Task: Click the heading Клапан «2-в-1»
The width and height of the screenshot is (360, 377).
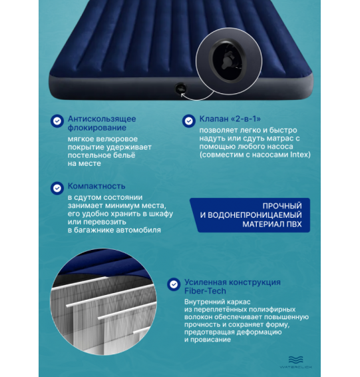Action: point(230,119)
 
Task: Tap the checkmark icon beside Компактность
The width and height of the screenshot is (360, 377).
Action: point(57,188)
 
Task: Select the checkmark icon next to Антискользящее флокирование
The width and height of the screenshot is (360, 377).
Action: point(57,121)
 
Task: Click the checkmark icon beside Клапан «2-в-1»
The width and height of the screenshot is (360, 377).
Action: point(188,121)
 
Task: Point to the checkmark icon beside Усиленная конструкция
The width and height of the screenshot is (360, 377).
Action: point(174,284)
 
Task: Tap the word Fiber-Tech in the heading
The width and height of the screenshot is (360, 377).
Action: point(205,291)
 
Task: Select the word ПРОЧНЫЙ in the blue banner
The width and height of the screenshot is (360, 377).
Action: point(282,206)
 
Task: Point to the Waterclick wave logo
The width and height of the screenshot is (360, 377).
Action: point(295,360)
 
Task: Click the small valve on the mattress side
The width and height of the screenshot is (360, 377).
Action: point(180,89)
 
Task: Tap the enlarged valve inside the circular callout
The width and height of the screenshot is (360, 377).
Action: point(230,61)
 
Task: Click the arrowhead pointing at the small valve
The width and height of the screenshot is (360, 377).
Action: point(182,95)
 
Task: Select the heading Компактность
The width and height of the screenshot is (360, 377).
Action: point(96,186)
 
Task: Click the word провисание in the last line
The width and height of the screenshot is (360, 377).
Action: point(210,340)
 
